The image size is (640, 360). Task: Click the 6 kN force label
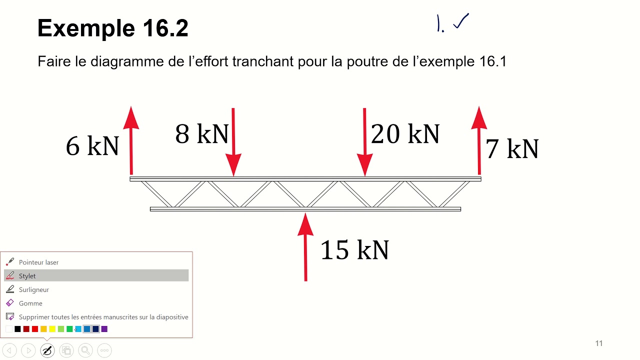pos(92,146)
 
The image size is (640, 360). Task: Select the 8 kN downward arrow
pos(233,142)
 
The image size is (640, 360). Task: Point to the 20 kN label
pos(405,134)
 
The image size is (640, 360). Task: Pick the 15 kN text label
pos(354,249)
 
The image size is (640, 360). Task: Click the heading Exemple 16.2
pos(113,28)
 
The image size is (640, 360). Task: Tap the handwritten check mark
pos(460,22)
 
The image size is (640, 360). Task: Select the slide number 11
pos(599,343)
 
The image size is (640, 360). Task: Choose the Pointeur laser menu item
pos(38,262)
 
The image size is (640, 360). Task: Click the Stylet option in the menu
pos(27,276)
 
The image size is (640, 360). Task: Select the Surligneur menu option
pos(33,289)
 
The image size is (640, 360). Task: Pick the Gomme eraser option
pos(30,303)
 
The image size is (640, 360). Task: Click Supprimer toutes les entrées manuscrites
pos(103,317)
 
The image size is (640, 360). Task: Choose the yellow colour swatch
pos(52,329)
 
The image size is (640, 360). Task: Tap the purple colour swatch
pos(104,329)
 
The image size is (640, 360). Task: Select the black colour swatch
pos(17,329)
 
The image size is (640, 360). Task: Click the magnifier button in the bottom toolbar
pos(85,350)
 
